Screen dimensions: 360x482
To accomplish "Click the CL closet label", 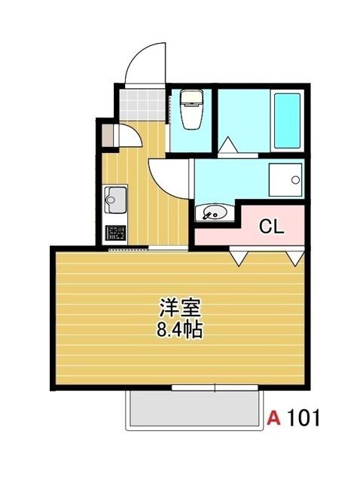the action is coord(271,227).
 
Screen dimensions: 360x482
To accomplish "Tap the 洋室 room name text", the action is coord(180,308).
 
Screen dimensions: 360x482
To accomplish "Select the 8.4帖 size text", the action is coord(179,330).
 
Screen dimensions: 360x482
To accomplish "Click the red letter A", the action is coord(274,418).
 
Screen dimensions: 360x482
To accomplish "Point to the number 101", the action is coord(304,418).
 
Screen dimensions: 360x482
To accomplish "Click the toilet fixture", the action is coord(191,109).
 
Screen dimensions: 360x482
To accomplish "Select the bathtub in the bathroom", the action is coord(287,120).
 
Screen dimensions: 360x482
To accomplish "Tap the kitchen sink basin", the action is coord(115,200).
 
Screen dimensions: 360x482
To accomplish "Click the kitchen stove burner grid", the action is coord(115,233).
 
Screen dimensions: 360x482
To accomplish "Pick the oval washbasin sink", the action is coord(215,212).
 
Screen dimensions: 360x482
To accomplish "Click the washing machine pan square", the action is coord(285,180).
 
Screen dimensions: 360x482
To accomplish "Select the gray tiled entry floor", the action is coord(142,105).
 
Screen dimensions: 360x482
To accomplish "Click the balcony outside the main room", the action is coord(194,407).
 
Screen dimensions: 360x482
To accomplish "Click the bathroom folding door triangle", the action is coord(227,145).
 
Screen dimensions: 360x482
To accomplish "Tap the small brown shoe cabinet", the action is coord(108,136).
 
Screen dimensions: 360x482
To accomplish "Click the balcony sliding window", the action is coord(215,388).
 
